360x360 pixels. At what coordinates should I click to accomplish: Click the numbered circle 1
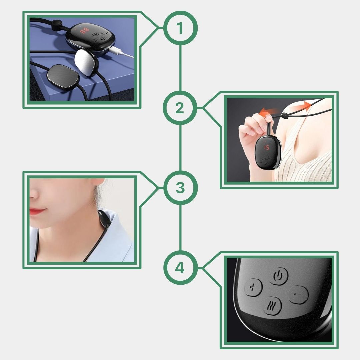point(180,28)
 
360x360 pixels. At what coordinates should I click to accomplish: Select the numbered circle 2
point(180,108)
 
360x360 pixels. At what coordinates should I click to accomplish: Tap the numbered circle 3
point(180,188)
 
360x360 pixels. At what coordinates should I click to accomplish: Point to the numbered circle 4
point(180,268)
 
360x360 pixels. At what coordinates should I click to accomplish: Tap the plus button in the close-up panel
point(253,287)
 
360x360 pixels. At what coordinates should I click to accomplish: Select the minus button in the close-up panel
point(298,295)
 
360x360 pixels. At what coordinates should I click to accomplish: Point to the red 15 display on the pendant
point(266,147)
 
